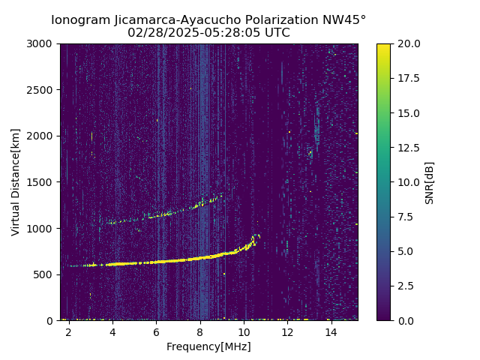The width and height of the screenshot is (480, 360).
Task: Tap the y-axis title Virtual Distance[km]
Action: pos(16,181)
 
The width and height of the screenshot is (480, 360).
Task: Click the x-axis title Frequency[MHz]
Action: pos(208,346)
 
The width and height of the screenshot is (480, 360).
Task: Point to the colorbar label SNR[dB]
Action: pos(430,182)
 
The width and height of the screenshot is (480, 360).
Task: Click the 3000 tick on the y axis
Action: pos(43,43)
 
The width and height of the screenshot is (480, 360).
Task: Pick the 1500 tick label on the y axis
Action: pos(43,182)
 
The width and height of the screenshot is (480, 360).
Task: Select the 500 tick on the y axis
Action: pos(46,274)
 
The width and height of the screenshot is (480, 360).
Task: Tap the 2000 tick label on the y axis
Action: pos(43,136)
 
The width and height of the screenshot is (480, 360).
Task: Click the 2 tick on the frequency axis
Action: pos(68,331)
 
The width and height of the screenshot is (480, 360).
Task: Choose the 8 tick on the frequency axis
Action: pos(199,331)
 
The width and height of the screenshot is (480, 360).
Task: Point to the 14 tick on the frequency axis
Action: pos(331,331)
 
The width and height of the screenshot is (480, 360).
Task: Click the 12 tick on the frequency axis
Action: pos(287,331)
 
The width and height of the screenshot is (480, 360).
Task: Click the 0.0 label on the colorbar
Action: pos(405,320)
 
